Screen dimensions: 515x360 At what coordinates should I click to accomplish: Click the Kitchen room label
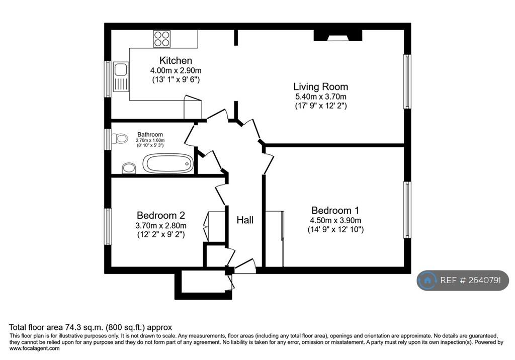[x=176, y=60]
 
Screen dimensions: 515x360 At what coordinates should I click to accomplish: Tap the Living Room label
[x=320, y=86]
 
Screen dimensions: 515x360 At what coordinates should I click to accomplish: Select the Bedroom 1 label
[x=335, y=210]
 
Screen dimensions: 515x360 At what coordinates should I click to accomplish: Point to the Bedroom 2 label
[x=161, y=216]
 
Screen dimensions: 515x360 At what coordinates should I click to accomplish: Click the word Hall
[x=245, y=220]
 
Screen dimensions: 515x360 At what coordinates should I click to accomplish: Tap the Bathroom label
[x=150, y=134]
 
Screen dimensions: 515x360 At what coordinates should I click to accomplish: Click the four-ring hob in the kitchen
[x=162, y=39]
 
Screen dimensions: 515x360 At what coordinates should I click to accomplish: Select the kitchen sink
[x=121, y=77]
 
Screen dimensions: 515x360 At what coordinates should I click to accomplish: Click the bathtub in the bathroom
[x=168, y=163]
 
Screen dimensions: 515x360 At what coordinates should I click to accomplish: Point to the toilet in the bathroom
[x=120, y=138]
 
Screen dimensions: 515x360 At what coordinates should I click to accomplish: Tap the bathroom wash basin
[x=129, y=168]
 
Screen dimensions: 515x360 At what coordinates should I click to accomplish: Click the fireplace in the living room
[x=338, y=36]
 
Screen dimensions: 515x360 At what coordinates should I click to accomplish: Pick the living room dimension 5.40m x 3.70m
[x=321, y=97]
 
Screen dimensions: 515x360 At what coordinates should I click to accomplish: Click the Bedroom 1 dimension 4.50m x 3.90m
[x=335, y=220]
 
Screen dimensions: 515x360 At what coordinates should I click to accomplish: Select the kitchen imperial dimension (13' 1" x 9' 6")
[x=176, y=79]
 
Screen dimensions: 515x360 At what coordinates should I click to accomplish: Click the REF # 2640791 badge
[x=463, y=280]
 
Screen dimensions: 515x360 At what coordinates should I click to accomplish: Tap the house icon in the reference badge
[x=427, y=280]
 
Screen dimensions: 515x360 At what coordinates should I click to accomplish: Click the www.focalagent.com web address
[x=35, y=348]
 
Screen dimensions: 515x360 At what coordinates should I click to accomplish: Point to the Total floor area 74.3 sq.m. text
[x=55, y=327]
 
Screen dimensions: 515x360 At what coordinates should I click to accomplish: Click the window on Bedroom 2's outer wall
[x=108, y=227]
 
